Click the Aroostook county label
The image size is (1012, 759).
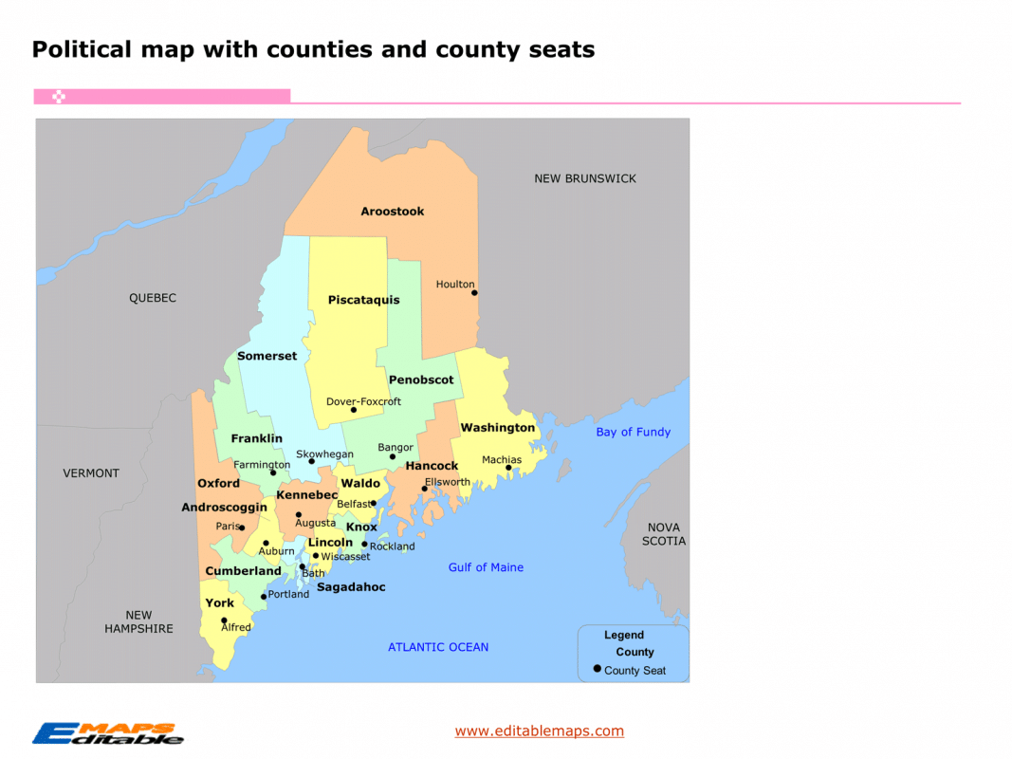click(392, 212)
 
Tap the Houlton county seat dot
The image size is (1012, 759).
click(474, 292)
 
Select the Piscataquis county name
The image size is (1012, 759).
click(363, 300)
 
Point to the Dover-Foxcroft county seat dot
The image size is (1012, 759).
click(354, 410)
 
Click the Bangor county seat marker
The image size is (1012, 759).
click(393, 456)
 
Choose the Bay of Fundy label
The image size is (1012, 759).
click(633, 432)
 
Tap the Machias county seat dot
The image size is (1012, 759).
click(508, 467)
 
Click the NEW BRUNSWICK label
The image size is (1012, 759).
click(585, 178)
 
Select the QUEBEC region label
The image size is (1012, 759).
click(153, 298)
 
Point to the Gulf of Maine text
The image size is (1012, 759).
click(486, 567)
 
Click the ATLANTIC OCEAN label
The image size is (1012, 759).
click(438, 647)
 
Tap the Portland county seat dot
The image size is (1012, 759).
click(264, 596)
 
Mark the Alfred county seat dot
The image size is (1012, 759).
click(225, 620)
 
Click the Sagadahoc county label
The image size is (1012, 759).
click(351, 587)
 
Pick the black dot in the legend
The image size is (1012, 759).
click(597, 669)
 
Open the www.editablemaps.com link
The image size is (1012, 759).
click(539, 731)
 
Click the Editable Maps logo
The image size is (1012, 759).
click(107, 732)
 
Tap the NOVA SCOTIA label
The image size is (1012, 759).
click(663, 534)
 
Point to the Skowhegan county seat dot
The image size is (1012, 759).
click(311, 461)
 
